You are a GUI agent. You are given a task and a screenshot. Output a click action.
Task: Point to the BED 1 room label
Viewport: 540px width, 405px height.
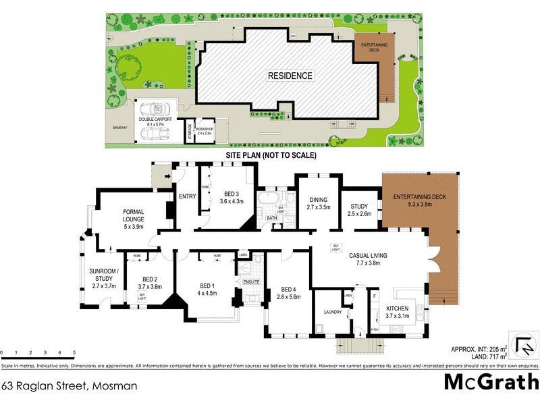pos(206,288)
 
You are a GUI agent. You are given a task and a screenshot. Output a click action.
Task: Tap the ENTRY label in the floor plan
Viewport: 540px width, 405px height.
pos(186,196)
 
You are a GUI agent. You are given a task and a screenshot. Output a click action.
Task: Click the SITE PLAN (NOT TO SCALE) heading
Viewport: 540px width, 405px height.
pos(271,155)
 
